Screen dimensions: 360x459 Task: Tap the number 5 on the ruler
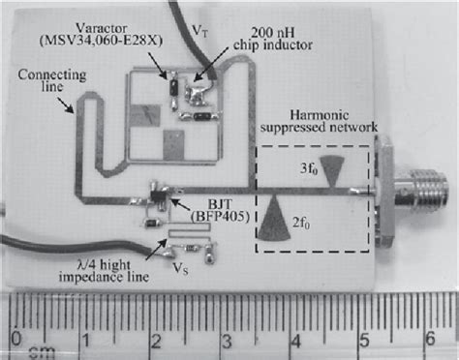point(365,339)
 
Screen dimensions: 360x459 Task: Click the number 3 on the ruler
point(226,340)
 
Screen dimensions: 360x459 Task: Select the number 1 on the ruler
point(86,340)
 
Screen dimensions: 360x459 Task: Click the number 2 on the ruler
point(156,340)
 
